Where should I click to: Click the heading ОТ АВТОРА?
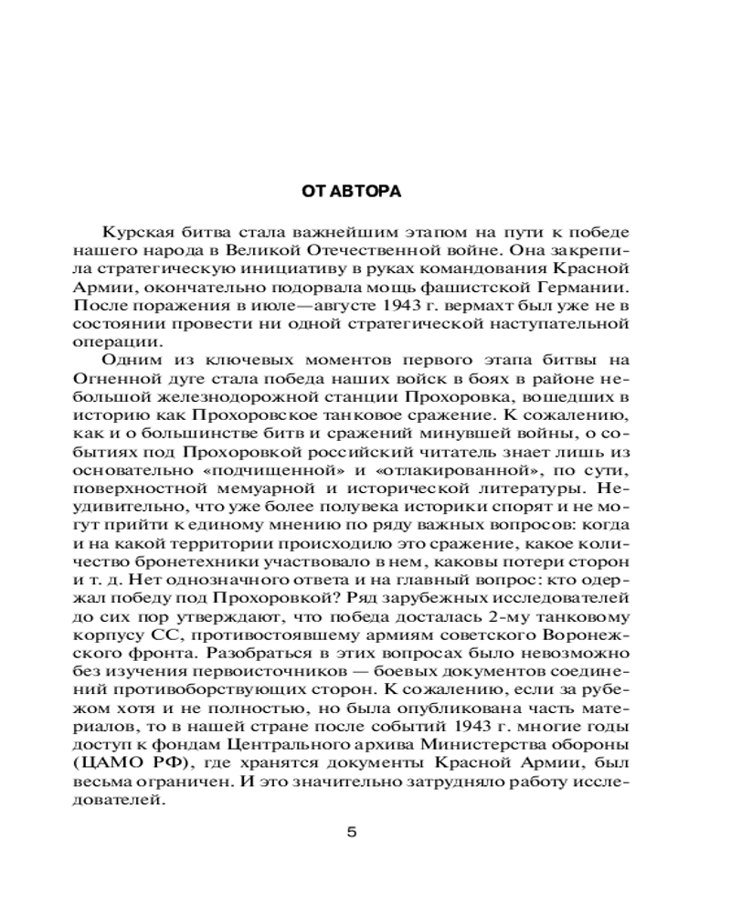click(x=352, y=193)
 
